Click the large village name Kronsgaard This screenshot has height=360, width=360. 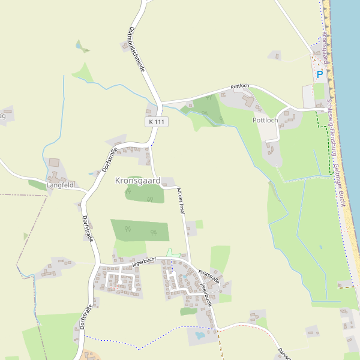pos(137,180)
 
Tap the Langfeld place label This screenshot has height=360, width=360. pos(60,185)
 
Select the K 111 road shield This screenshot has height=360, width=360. pos(156,122)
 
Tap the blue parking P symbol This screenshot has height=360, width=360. pos(320,74)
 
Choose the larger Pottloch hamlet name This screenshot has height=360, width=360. pos(265,120)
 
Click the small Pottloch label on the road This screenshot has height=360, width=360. pos(239,86)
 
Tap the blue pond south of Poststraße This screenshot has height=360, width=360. pos(199,334)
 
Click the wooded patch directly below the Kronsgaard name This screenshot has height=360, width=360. pos(145,193)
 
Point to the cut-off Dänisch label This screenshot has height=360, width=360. pos(284,353)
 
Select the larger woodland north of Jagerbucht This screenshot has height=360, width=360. pos(140,230)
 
